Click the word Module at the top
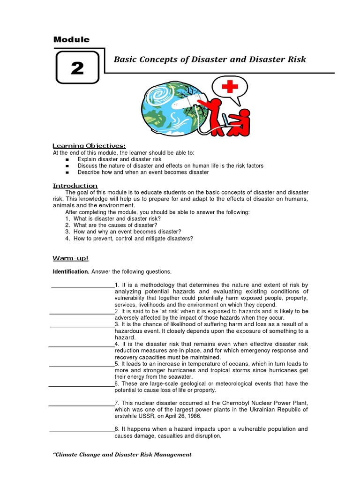click(x=71, y=40)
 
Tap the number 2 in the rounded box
click(x=77, y=68)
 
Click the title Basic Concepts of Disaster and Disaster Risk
click(x=210, y=59)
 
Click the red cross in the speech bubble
click(x=230, y=87)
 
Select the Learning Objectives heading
click(x=89, y=146)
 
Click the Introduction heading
click(x=75, y=186)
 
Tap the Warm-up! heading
click(x=70, y=258)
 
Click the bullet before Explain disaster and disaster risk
click(x=67, y=159)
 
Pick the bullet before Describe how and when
click(x=67, y=172)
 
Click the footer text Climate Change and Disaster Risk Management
click(x=122, y=454)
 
